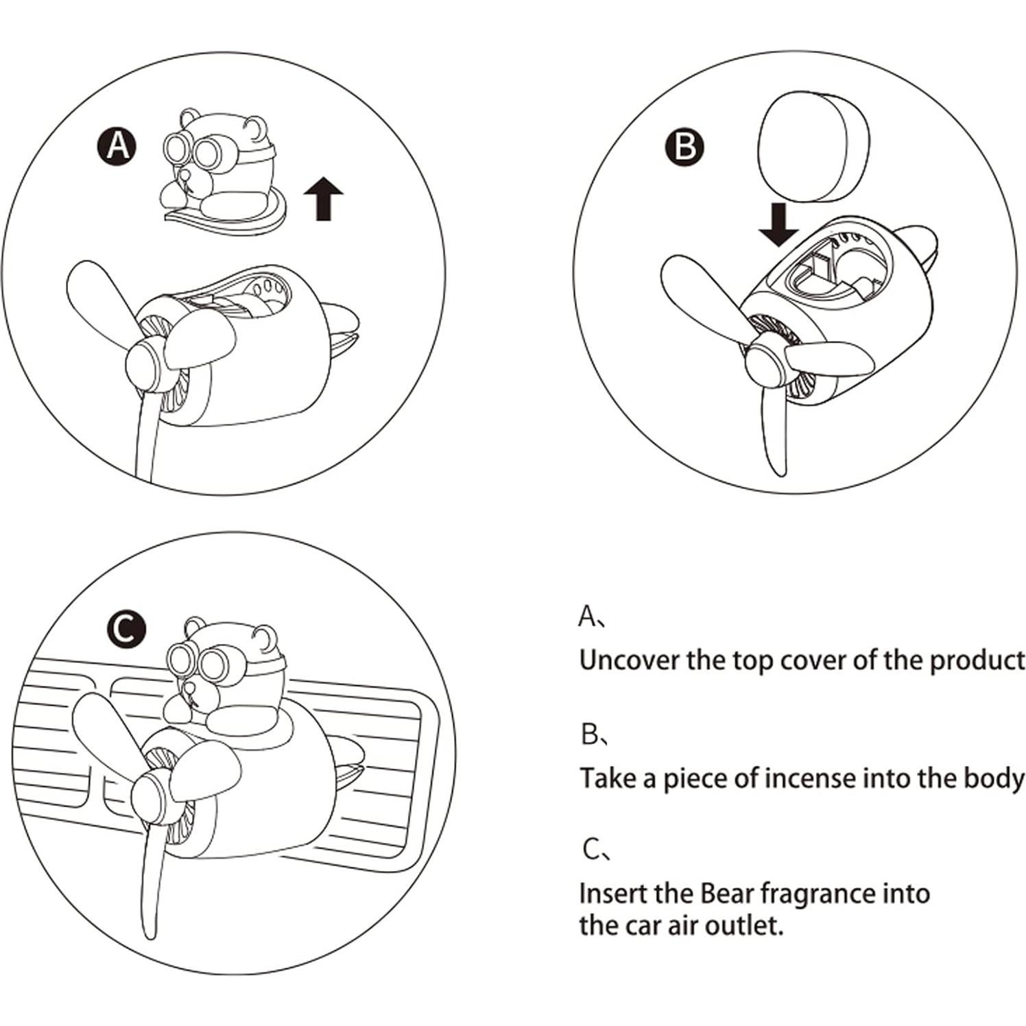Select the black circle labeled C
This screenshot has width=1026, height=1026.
pyautogui.click(x=126, y=628)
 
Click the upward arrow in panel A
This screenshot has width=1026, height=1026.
pyautogui.click(x=323, y=196)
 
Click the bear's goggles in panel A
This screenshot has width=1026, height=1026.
pyautogui.click(x=195, y=152)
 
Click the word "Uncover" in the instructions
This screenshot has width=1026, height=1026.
pyautogui.click(x=632, y=660)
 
